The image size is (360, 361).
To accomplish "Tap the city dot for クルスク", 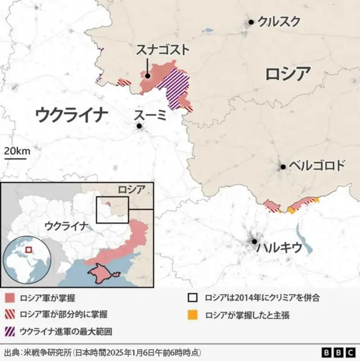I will click(x=251, y=22).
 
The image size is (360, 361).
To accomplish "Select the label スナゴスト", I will click(x=163, y=50).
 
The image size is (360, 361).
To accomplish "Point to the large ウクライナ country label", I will click(x=71, y=115).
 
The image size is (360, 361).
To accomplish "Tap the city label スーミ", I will click(x=150, y=115).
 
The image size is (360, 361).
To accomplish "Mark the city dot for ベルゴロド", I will click(x=283, y=166).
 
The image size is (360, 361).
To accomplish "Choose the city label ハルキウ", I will click(x=279, y=247).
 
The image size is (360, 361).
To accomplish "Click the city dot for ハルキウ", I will click(x=255, y=242).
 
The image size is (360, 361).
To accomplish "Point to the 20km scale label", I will click(x=17, y=151).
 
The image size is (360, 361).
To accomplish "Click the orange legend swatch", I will click(x=193, y=315).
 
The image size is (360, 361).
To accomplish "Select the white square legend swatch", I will click(x=193, y=298).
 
